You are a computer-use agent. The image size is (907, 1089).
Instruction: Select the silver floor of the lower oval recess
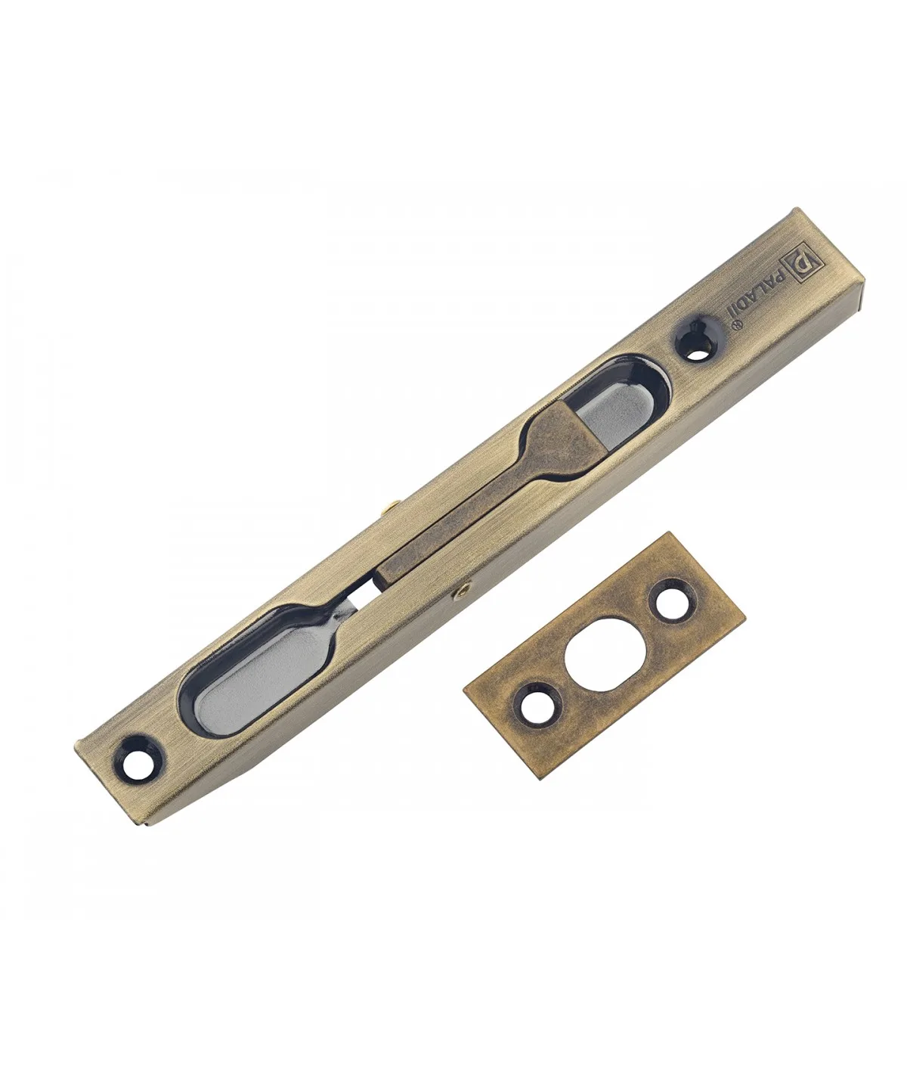click(250, 678)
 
